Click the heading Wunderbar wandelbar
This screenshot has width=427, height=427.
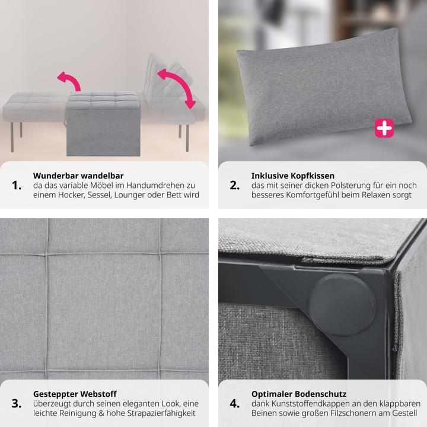coord(78,176)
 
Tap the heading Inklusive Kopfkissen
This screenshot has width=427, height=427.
coord(292,176)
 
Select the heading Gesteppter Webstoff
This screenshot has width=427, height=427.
coord(75,394)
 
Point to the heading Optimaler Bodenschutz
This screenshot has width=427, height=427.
coord(298,394)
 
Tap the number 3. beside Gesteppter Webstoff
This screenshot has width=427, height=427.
coord(17,404)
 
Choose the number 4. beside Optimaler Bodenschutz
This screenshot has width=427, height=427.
coord(235,404)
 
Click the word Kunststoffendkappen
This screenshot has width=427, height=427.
coord(310,403)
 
